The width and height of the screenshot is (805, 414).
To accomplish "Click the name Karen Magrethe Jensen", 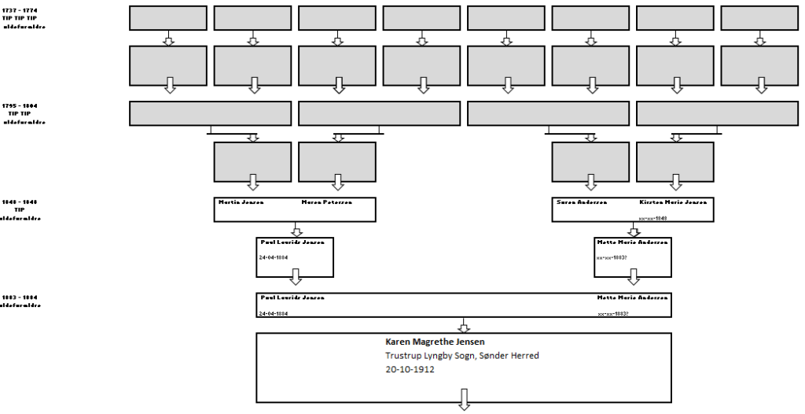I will [x=435, y=342].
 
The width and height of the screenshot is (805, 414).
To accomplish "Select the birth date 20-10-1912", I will [x=410, y=369].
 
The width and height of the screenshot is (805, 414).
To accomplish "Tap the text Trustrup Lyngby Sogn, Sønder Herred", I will [x=461, y=356].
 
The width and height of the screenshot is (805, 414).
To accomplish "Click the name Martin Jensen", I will [x=241, y=202].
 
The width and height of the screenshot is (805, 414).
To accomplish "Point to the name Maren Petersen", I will [x=326, y=202].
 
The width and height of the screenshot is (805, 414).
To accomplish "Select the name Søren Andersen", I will [x=581, y=202].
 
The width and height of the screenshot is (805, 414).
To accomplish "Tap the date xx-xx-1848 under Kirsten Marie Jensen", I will [x=652, y=218].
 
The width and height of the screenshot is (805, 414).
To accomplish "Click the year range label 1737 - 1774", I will [x=20, y=9].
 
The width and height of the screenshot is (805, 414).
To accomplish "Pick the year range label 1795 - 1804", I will [x=20, y=105].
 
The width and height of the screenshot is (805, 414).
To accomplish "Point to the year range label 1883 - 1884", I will [x=20, y=298].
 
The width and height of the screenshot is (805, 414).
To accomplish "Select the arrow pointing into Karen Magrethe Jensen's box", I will [x=464, y=326].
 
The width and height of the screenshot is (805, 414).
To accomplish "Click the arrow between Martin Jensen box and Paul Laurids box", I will [x=296, y=230].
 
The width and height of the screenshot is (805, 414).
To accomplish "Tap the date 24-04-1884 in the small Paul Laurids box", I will [x=273, y=257].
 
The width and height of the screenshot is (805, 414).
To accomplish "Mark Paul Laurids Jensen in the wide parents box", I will [x=292, y=298].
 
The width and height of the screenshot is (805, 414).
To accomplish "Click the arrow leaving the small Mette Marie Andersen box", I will [x=633, y=277].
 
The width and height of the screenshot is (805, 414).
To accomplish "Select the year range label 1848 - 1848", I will [x=20, y=202].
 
